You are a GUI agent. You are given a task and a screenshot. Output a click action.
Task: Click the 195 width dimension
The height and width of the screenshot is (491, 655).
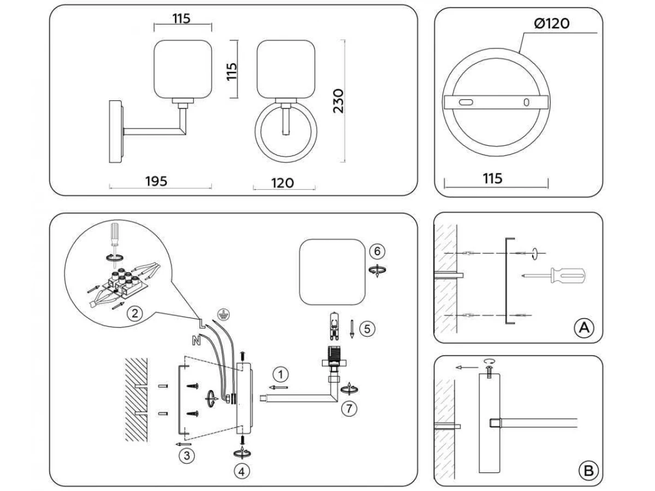point(156,181)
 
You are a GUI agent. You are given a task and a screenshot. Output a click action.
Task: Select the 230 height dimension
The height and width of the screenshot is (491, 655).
point(338,100)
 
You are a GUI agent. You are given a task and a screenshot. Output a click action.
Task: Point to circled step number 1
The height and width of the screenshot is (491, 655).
point(280,374)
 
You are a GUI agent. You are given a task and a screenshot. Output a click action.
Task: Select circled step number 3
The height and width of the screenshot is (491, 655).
point(187,456)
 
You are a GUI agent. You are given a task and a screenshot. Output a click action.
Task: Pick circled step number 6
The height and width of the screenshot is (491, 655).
point(376,251)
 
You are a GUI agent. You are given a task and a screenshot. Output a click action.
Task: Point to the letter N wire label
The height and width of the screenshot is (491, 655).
point(195,342)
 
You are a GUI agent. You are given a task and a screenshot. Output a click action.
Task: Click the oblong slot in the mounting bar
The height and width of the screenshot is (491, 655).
point(465,103)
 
